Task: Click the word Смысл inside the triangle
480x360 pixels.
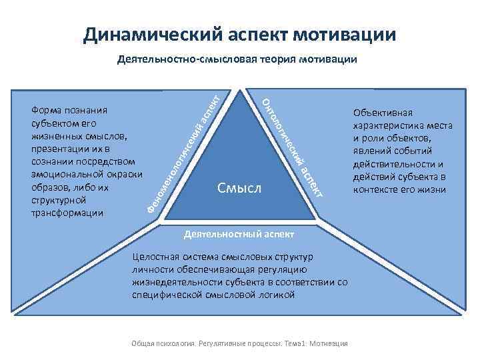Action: point(239,189)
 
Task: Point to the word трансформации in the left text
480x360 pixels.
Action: point(67,213)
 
